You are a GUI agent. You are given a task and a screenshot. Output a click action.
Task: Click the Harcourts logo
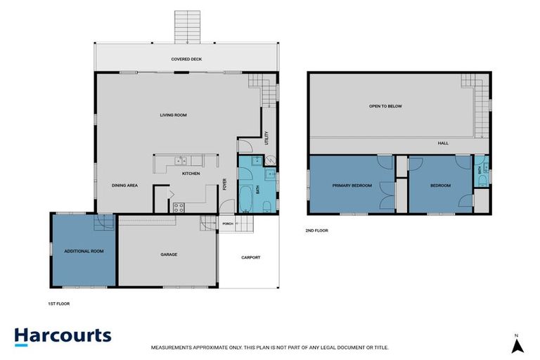pyautogui.click(x=63, y=336)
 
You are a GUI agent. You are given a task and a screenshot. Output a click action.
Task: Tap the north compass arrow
pyautogui.click(x=517, y=345)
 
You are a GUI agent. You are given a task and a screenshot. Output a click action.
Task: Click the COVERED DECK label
pyautogui.click(x=186, y=59)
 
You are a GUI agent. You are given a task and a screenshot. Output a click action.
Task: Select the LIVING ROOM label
pyautogui.click(x=173, y=115)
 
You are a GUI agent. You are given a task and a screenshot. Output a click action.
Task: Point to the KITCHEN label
pyautogui.click(x=191, y=174)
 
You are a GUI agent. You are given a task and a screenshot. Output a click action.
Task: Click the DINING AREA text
pyautogui.click(x=124, y=186)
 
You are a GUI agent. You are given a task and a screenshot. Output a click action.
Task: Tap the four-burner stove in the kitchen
pyautogui.click(x=179, y=207)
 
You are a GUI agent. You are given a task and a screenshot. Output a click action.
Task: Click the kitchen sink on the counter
pyautogui.click(x=181, y=160)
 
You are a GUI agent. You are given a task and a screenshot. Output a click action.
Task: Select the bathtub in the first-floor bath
pyautogui.click(x=246, y=199)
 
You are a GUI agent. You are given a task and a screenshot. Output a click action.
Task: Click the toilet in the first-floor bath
pyautogui.click(x=267, y=207)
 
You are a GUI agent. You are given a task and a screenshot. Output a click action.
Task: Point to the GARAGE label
pyautogui.click(x=169, y=255)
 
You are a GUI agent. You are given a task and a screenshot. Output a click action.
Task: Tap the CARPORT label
pyautogui.click(x=251, y=257)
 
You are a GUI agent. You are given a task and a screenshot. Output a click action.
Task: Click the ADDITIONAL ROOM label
pyautogui.click(x=84, y=251)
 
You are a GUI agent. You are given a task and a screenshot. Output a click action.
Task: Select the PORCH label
pyautogui.click(x=228, y=224)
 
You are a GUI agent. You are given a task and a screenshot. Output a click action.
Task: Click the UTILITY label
pyautogui.click(x=266, y=138)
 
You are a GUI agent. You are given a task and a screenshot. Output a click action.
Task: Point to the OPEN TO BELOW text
pyautogui.click(x=385, y=106)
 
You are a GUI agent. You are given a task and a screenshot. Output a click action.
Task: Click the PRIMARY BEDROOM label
pyautogui.click(x=352, y=186)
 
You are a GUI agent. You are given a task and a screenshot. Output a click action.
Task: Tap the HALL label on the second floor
pyautogui.click(x=443, y=143)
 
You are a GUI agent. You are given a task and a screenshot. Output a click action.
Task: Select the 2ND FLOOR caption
pyautogui.click(x=317, y=231)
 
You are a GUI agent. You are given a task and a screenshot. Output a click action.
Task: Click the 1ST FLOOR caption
pyautogui.click(x=59, y=304)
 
